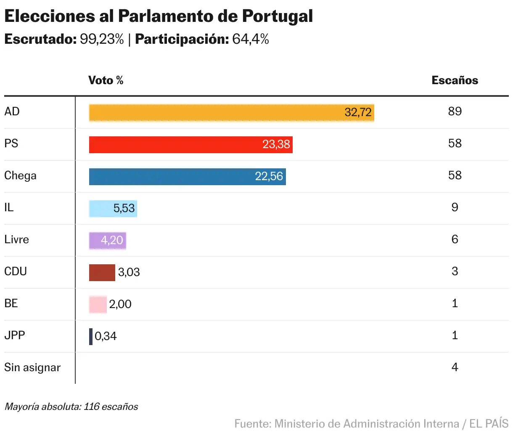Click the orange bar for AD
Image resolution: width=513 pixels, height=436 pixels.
point(231,113)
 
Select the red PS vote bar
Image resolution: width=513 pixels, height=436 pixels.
point(190,144)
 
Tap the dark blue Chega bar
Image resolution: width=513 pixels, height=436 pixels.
point(187,176)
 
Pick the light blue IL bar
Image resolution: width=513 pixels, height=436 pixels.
point(113,208)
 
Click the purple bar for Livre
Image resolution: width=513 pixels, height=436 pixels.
point(107,240)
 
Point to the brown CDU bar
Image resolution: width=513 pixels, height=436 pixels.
point(102,272)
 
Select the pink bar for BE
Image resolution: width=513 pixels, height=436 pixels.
point(98,304)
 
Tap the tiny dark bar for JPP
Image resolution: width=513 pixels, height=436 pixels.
point(91,336)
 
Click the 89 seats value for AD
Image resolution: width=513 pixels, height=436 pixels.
point(455,112)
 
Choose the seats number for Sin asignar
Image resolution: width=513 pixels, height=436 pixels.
point(455,367)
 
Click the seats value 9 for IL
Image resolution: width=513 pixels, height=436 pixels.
point(455,207)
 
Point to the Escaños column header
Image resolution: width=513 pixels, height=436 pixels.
point(455,80)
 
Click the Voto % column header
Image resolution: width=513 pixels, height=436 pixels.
point(106,80)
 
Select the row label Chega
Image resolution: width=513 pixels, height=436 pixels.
point(20,175)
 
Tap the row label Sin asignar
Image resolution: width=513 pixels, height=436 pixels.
point(32,367)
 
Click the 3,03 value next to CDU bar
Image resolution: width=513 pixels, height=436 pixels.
point(129,272)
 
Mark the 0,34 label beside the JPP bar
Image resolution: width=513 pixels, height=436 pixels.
point(106,336)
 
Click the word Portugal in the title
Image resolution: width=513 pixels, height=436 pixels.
point(278,16)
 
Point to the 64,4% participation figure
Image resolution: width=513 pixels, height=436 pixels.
point(251,39)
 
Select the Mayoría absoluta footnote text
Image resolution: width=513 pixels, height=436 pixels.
point(71,407)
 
